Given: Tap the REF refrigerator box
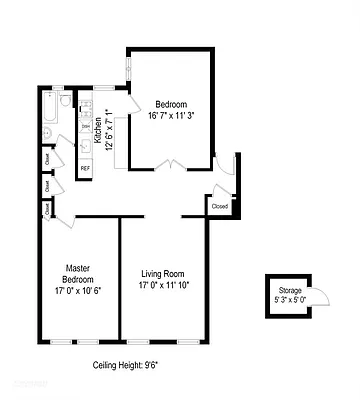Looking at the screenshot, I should (85, 168).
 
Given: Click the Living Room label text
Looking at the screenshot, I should (162, 272).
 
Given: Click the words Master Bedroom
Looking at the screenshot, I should (78, 273).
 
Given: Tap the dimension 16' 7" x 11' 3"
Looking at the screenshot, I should (171, 115).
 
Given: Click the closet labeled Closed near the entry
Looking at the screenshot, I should (220, 205).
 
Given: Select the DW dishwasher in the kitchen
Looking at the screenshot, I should (86, 126).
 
